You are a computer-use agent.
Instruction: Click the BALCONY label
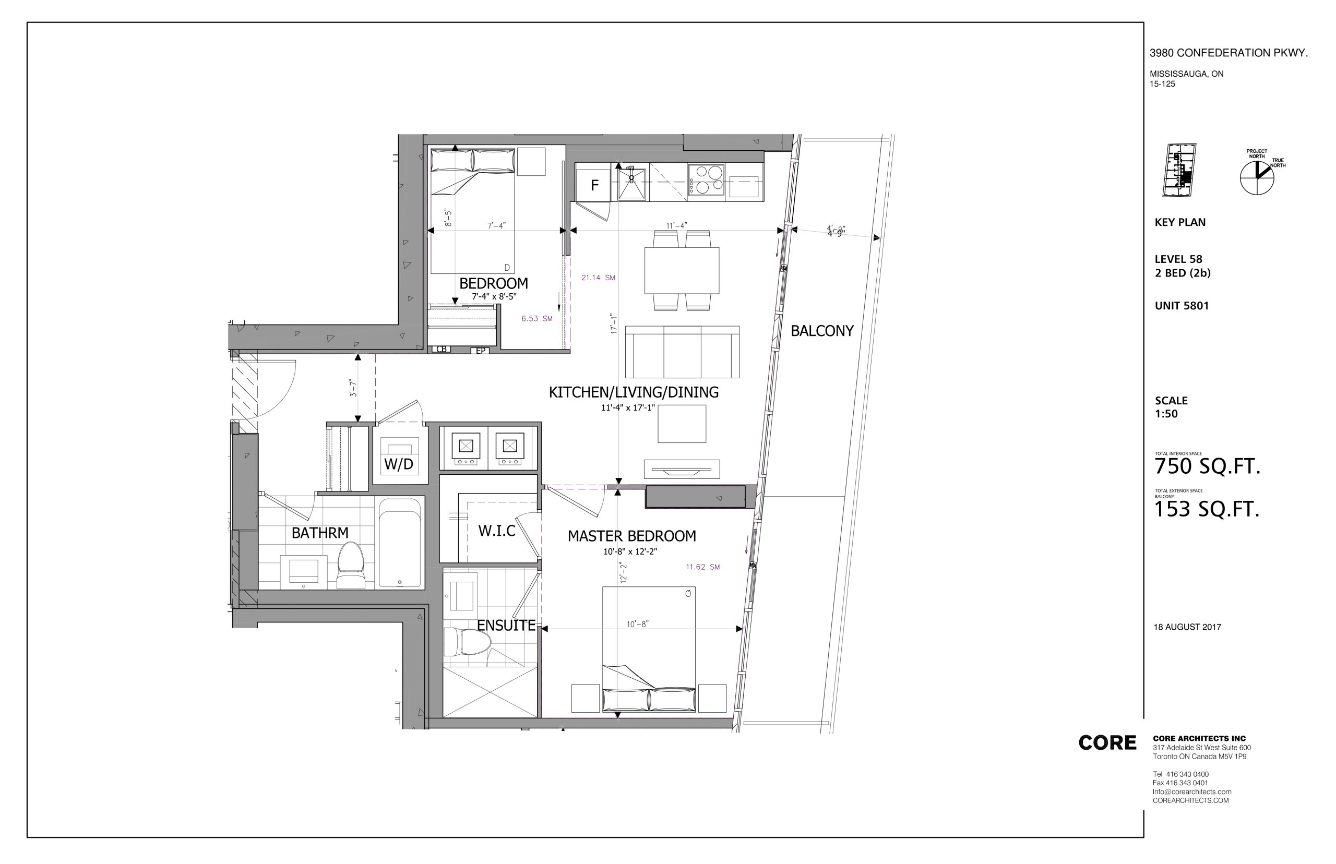coord(821,331)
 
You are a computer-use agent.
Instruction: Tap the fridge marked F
coord(594,184)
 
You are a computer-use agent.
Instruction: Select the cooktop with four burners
coord(706,179)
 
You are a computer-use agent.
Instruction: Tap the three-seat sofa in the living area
coord(682,352)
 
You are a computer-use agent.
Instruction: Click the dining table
coord(682,270)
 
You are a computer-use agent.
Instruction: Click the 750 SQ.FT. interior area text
coord(1207,466)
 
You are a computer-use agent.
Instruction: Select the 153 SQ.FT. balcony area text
coord(1207,509)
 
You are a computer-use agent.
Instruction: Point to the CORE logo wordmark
coord(1106,743)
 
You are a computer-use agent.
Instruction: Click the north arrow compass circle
coord(1257,178)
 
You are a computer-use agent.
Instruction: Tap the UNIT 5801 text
coord(1182,306)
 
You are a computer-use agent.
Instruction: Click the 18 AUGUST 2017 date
coord(1187,627)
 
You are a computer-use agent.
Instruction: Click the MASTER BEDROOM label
coord(632,536)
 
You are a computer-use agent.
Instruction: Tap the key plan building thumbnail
coord(1179,170)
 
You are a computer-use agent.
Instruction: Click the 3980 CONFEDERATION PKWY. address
coord(1229,53)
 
